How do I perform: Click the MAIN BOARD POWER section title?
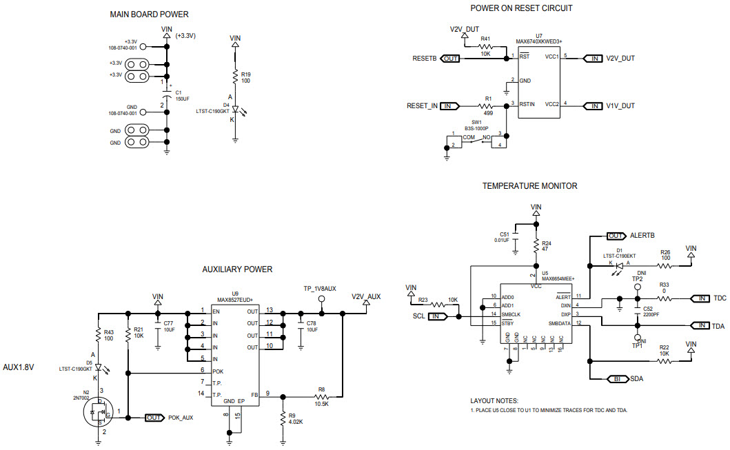pyautogui.click(x=149, y=14)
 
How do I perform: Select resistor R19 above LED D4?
pyautogui.click(x=235, y=76)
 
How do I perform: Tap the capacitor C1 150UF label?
pyautogui.click(x=182, y=95)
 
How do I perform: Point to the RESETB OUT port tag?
pyautogui.click(x=450, y=59)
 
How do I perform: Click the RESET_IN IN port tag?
pyautogui.click(x=450, y=105)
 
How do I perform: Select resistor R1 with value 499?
pyautogui.click(x=488, y=105)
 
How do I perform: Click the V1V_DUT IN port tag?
pyautogui.click(x=593, y=105)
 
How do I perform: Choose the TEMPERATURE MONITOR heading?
pyautogui.click(x=529, y=186)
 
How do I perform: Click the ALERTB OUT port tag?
pyautogui.click(x=616, y=236)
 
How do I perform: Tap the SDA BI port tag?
pyautogui.click(x=616, y=379)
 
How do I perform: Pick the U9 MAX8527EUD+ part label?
pyautogui.click(x=235, y=296)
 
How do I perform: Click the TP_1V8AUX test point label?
pyautogui.click(x=320, y=289)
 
